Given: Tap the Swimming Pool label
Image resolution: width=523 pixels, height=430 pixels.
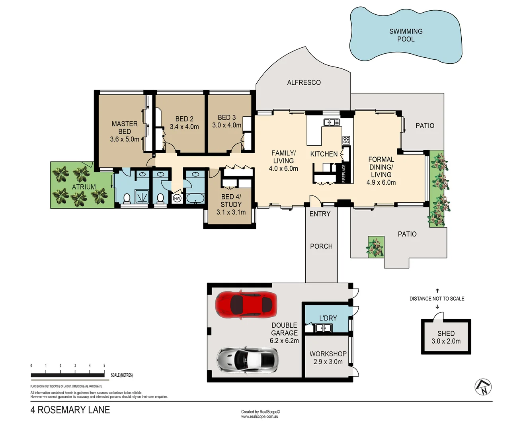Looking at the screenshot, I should click(406, 35).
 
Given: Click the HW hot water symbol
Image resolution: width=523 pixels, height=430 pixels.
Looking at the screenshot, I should click(177, 198).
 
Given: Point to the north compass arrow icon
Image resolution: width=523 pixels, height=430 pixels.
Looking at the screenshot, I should click(483, 387).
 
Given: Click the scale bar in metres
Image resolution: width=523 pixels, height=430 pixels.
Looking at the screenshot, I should click(68, 375).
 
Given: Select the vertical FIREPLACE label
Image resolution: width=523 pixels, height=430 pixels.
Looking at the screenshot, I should click(344, 173).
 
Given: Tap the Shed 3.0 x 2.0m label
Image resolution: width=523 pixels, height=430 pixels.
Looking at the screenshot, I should click(446, 337).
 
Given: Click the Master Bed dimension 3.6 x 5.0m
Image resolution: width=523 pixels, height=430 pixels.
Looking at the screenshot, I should click(125, 139).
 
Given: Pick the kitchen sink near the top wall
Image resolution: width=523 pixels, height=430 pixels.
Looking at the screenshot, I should click(331, 122).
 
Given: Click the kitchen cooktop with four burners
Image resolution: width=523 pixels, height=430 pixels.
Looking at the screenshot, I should click(346, 140).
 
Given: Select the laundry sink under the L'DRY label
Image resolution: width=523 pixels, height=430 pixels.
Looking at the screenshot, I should click(323, 328).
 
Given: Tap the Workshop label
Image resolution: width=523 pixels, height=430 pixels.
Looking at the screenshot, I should click(328, 354).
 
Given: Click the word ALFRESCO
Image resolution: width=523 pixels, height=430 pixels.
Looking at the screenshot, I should click(304, 82).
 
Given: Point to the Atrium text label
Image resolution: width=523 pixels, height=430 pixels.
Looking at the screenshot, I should click(84, 187).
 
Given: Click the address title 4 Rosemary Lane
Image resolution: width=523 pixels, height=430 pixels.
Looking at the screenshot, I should click(70, 410).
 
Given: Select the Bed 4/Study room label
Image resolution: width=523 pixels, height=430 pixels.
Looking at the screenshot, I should click(231, 201).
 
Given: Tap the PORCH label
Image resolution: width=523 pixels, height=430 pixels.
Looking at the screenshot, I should click(321, 246).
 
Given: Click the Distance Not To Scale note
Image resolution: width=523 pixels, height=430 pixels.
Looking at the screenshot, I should click(437, 299).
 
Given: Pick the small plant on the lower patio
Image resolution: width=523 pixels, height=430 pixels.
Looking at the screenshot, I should click(375, 247).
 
